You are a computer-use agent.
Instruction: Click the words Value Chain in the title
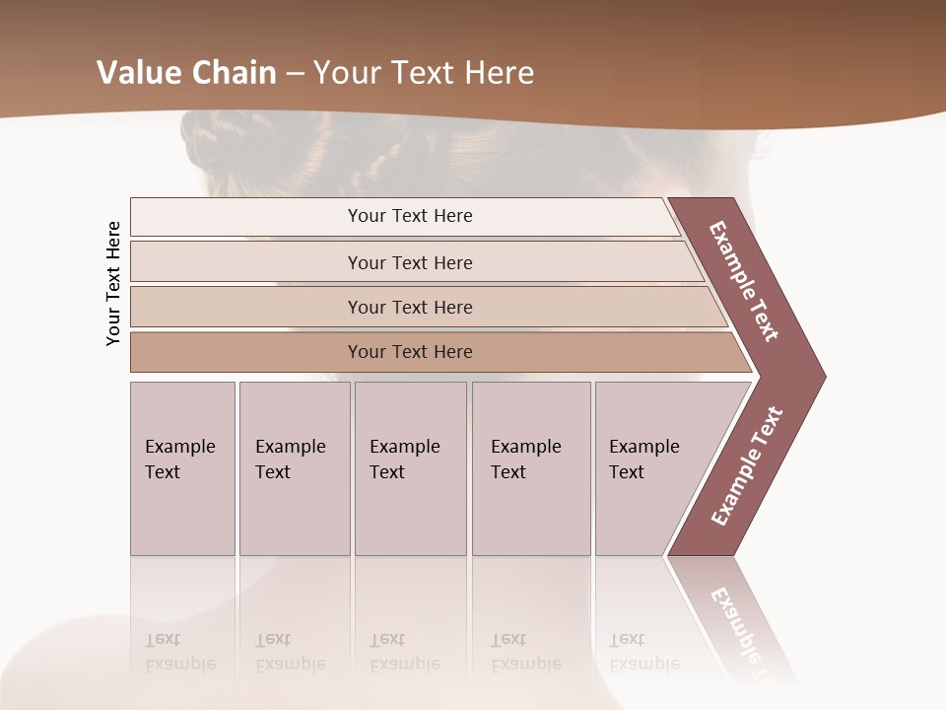(186, 73)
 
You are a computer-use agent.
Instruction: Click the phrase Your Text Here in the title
(424, 73)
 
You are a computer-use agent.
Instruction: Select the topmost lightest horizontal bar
(404, 216)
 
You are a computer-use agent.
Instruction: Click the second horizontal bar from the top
(409, 262)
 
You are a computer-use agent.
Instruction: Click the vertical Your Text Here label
(113, 283)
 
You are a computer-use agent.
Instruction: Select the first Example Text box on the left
(182, 468)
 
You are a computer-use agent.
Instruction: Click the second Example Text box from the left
(294, 468)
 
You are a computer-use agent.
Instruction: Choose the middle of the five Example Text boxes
(410, 468)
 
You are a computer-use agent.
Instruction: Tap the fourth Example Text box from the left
(530, 468)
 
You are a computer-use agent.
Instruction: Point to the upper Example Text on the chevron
(744, 281)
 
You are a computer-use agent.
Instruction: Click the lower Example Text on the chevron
(747, 465)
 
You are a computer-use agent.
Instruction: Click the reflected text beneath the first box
(179, 652)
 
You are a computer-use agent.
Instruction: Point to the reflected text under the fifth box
(643, 652)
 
